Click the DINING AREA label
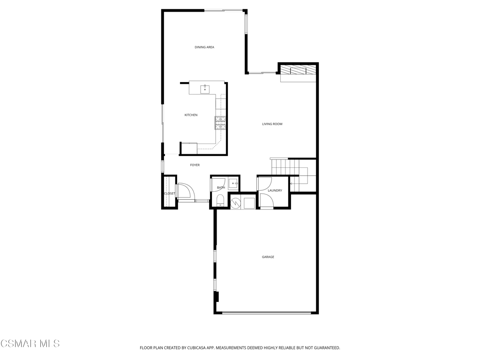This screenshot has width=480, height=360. click(x=204, y=47)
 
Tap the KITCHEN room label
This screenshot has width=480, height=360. click(x=191, y=115)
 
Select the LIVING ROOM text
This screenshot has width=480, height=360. click(x=272, y=124)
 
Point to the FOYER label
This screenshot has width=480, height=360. click(x=195, y=165)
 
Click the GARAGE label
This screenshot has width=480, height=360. click(x=268, y=257)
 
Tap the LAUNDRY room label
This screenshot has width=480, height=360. click(x=275, y=190)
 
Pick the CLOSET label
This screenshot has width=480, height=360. click(x=169, y=193)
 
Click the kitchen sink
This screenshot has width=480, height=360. click(x=205, y=89)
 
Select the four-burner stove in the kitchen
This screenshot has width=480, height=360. click(x=220, y=123)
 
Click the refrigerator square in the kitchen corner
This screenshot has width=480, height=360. click(x=189, y=148)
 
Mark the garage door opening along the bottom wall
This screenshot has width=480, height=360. click(x=266, y=313)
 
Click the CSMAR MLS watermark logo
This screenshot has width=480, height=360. click(x=30, y=344)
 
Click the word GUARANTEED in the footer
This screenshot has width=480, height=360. click(x=324, y=348)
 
